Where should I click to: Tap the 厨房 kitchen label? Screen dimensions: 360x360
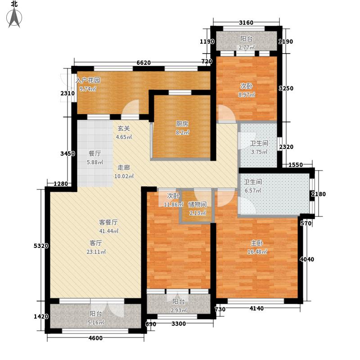click(182, 124)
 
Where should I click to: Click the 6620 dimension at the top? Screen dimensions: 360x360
click(143, 63)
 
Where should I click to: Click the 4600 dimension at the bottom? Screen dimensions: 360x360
click(95, 338)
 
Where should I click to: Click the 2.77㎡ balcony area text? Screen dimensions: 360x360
click(247, 47)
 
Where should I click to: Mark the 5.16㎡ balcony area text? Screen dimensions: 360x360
click(95, 323)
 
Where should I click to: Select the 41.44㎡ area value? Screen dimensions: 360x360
click(108, 231)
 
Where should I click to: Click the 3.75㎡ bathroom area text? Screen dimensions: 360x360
click(259, 152)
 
